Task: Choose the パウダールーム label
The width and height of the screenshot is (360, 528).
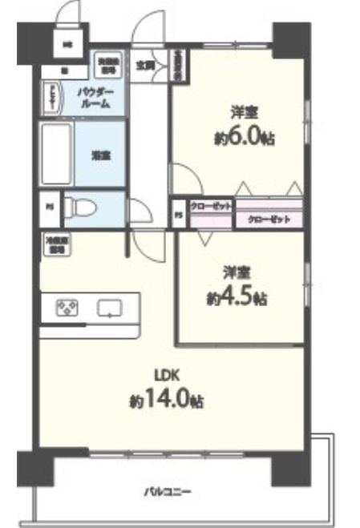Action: point(100,99)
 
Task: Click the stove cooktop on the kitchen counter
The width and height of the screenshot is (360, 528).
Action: point(65,308)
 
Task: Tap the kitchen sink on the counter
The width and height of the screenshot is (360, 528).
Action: point(108,308)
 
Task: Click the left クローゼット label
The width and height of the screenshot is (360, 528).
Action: point(210,206)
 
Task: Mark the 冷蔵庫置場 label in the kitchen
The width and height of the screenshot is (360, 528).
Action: point(57,245)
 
